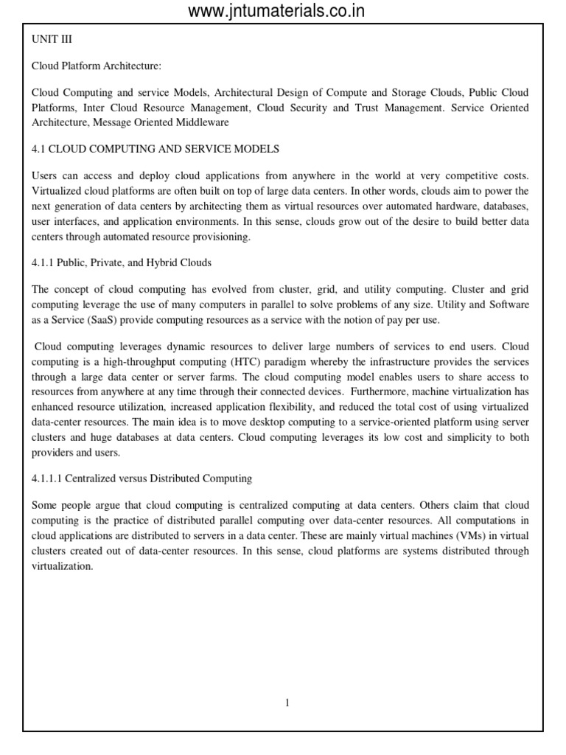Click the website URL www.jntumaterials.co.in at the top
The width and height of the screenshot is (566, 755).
point(276,10)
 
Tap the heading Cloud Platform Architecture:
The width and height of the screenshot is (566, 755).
point(96,66)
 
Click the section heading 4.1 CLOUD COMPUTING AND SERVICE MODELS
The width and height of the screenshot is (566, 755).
point(156,149)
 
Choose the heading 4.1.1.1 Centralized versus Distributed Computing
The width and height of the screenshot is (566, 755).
point(141,479)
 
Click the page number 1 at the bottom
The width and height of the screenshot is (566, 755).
point(287,703)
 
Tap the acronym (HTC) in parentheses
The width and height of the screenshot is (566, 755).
point(233,361)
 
